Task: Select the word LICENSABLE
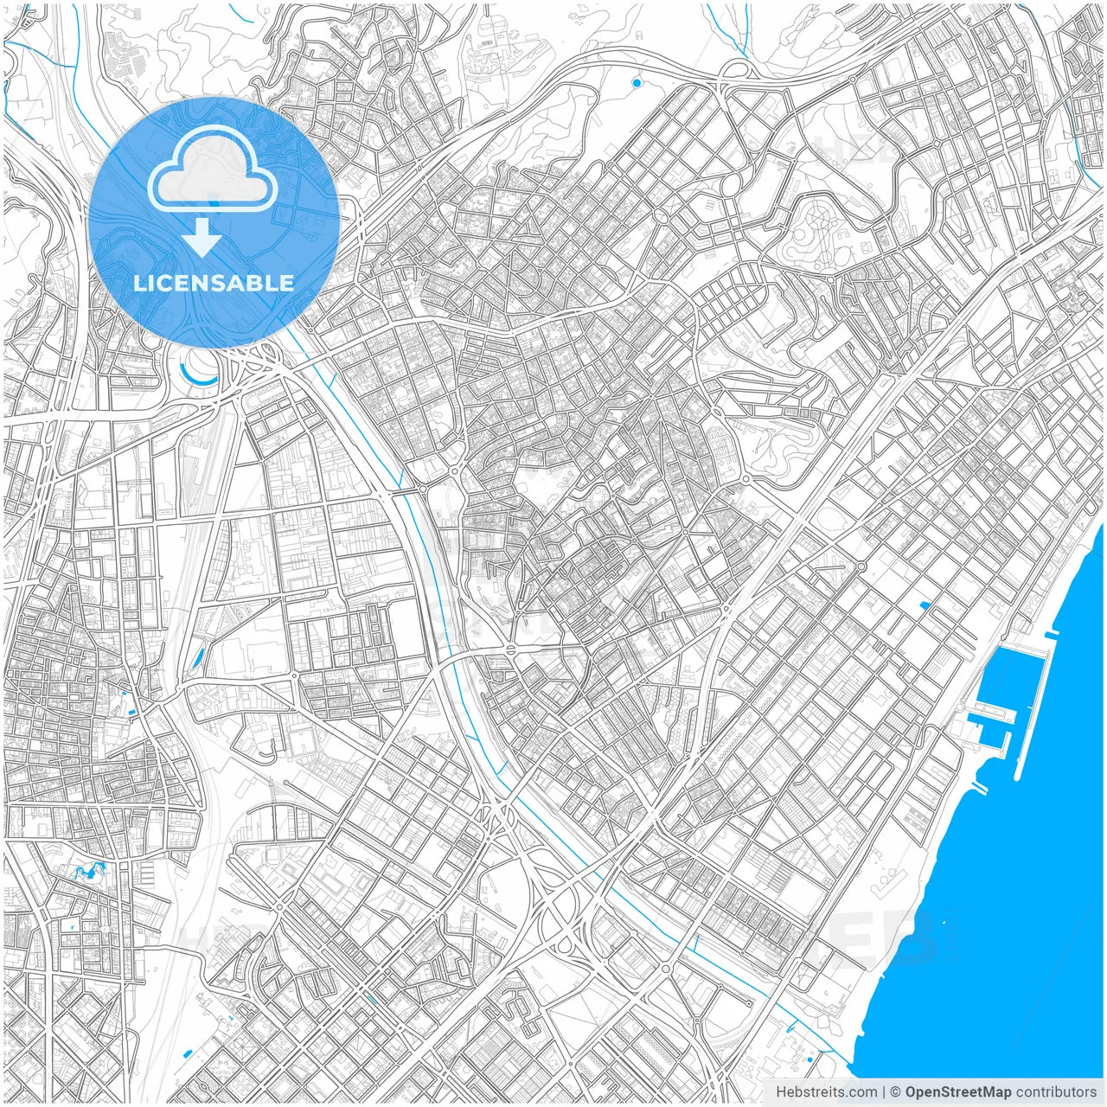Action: (x=214, y=283)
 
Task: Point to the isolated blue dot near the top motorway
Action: (x=637, y=82)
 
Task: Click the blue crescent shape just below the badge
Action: (x=198, y=374)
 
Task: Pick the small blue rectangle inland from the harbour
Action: (x=926, y=605)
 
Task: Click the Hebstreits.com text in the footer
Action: (x=826, y=1092)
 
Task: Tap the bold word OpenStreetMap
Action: (x=957, y=1092)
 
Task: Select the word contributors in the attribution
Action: (x=1056, y=1092)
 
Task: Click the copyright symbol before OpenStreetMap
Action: (x=896, y=1092)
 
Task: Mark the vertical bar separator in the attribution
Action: (x=884, y=1092)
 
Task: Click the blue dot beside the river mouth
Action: (x=809, y=1059)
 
